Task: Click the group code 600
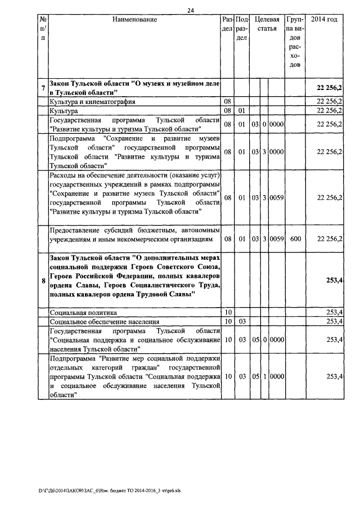click(x=295, y=239)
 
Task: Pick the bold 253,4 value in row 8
click(x=335, y=281)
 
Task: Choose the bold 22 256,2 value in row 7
click(x=330, y=88)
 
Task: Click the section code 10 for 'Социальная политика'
click(x=228, y=312)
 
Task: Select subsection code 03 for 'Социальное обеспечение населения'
click(x=242, y=321)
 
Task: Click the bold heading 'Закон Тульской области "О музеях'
click(x=134, y=83)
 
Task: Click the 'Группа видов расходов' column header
click(x=295, y=42)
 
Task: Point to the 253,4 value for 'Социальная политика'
click(x=336, y=312)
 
